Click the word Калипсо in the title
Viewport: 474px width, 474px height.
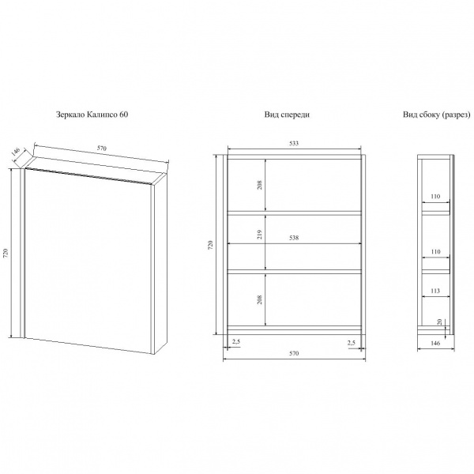[x=102, y=115]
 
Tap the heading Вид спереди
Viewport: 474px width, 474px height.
[x=287, y=115]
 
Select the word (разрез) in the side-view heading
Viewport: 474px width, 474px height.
[x=456, y=115]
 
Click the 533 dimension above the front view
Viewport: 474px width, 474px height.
[x=294, y=143]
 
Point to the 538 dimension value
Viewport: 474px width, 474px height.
[x=294, y=238]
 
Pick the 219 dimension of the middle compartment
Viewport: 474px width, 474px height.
[x=260, y=235]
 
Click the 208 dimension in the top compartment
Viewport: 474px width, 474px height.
[x=260, y=185]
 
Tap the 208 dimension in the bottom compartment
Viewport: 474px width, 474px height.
[x=260, y=299]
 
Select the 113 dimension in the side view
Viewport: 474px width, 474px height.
[x=435, y=291]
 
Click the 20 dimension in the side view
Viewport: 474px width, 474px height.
[x=440, y=322]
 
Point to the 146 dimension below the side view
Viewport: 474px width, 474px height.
[x=435, y=344]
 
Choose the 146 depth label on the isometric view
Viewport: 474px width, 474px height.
[x=16, y=152]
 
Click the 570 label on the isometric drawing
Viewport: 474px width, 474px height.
[x=102, y=149]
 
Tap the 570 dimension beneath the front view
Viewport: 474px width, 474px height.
[x=294, y=353]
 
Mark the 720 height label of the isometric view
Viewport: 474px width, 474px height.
[x=6, y=253]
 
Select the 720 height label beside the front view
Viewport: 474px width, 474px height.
[x=211, y=245]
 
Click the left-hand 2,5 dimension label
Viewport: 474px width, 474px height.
[x=236, y=342]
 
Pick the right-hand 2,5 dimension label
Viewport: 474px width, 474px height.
[x=352, y=343]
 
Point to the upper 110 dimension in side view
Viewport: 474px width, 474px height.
[x=435, y=197]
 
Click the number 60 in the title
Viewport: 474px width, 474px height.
[x=124, y=115]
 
